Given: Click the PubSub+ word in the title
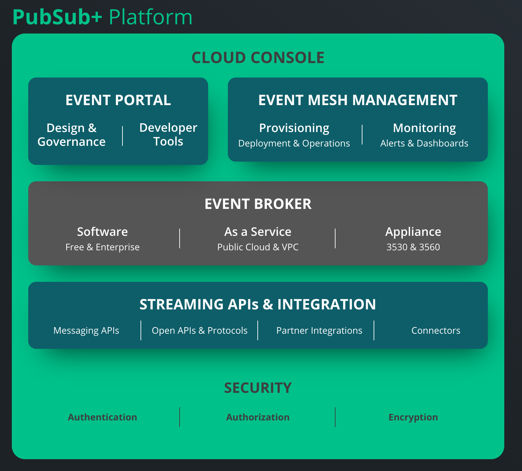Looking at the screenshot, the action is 57,17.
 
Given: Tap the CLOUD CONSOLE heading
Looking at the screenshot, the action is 258,58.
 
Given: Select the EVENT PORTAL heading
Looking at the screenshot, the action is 118,100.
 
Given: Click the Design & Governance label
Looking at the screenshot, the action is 72,135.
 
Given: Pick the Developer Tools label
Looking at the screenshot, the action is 168,134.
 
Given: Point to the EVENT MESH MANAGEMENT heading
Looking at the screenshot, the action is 358,100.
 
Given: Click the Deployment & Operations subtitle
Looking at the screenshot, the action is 294,144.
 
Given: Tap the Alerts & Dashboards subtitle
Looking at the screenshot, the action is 424,144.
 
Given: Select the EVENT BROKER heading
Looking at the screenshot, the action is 258,204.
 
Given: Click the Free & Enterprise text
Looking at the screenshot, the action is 102,247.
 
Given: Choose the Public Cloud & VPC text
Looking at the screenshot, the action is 258,247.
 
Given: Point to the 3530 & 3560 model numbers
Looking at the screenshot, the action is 413,247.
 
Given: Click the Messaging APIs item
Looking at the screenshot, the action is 86,330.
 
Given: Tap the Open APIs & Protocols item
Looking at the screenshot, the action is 200,330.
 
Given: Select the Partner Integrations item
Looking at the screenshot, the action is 319,330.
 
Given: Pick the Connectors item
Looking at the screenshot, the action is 436,330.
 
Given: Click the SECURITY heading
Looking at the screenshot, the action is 258,388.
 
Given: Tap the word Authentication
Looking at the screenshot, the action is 102,417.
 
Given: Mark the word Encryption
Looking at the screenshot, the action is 413,417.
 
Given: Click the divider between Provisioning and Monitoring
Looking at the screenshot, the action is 362,135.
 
